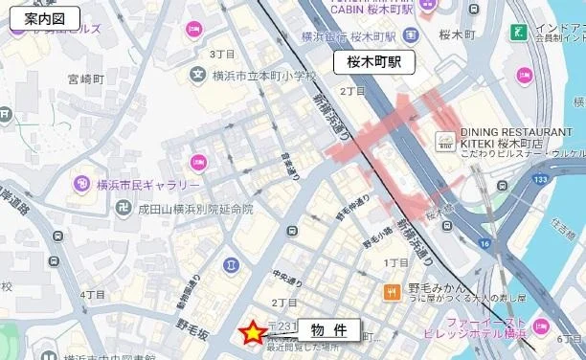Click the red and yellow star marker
click(252, 332)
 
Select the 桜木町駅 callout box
click(373, 64)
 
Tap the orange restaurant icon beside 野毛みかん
click(392, 291)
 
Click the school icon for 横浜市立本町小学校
click(198, 74)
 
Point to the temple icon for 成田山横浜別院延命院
click(122, 208)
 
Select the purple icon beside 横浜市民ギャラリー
click(81, 184)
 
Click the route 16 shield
click(485, 245)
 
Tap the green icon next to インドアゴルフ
click(519, 34)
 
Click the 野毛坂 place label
click(192, 328)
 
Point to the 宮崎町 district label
click(84, 79)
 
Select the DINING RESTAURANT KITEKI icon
click(445, 141)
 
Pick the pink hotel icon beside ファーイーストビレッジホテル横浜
click(541, 326)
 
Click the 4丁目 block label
click(92, 294)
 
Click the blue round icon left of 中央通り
click(232, 263)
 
